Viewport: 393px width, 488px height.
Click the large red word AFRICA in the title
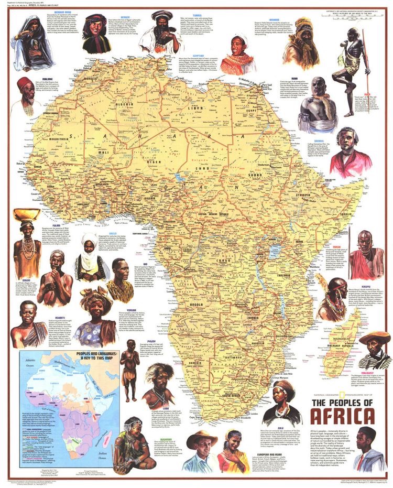click(343, 416)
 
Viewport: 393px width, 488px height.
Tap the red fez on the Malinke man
click(24, 83)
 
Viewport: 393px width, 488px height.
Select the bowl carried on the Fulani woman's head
click(26, 214)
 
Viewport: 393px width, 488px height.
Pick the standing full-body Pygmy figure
click(129, 362)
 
